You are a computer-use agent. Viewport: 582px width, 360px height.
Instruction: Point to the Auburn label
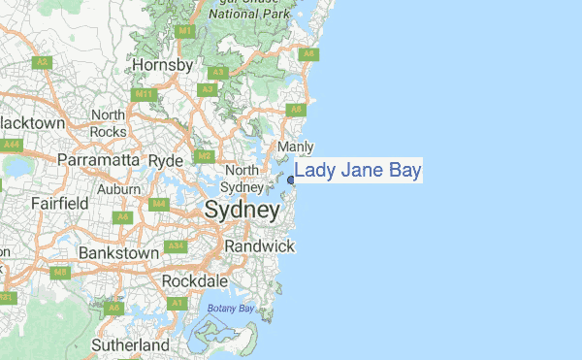click(118, 188)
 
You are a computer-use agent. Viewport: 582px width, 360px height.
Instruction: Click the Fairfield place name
click(60, 204)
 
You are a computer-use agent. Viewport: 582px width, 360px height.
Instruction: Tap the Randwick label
click(259, 246)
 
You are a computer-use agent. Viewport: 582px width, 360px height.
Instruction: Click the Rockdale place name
click(195, 280)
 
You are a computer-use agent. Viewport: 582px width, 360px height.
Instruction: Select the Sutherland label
click(130, 344)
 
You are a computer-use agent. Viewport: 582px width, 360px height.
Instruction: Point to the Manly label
click(296, 147)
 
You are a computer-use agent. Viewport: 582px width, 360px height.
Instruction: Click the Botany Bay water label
click(230, 309)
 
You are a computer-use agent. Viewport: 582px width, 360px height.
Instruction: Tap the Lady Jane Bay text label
click(358, 172)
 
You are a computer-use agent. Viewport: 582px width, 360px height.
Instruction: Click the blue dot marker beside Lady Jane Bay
click(291, 179)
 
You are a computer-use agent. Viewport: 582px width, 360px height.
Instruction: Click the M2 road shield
click(203, 155)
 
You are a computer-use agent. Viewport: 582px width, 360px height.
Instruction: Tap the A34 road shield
click(176, 245)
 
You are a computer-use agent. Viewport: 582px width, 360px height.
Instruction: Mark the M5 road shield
click(60, 274)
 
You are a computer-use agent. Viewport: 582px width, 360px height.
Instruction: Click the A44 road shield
click(13, 145)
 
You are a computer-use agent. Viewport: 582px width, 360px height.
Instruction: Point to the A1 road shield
click(177, 304)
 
